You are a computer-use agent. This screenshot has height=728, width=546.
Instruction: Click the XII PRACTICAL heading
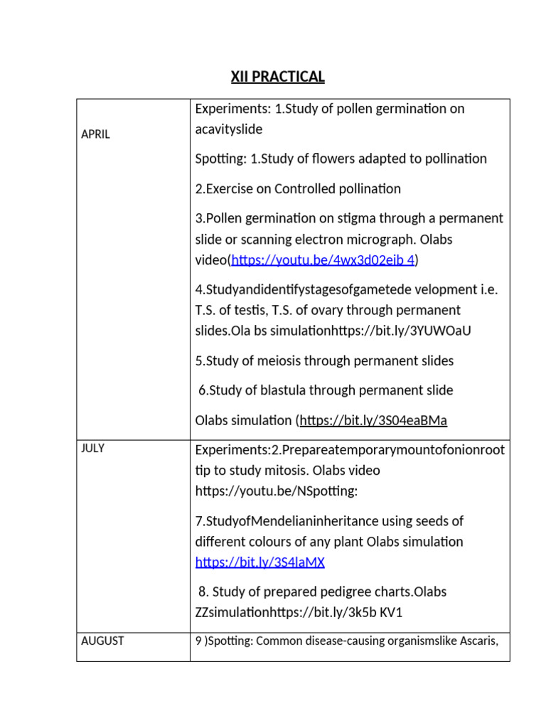[x=277, y=77]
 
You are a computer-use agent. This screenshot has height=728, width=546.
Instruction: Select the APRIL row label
[x=95, y=134]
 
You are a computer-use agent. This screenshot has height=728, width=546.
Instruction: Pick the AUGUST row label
[x=102, y=641]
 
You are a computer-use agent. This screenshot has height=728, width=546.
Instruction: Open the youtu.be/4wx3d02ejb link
[x=323, y=260]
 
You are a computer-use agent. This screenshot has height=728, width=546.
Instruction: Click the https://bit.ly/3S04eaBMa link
[x=373, y=420]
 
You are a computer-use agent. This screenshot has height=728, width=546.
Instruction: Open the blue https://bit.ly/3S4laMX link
[x=259, y=562]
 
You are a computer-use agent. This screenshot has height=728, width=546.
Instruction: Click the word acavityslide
[x=228, y=129]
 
